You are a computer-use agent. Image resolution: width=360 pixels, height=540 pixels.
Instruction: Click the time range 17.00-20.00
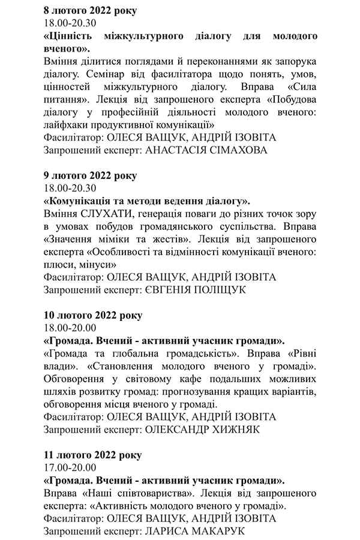[70, 467]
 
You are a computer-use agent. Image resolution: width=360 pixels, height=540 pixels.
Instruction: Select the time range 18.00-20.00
[70, 328]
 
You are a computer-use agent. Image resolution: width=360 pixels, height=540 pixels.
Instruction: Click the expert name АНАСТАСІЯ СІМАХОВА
[207, 151]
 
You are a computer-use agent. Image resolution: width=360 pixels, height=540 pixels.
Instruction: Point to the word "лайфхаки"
[66, 125]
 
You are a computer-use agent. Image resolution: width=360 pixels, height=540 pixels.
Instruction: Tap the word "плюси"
[59, 265]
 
